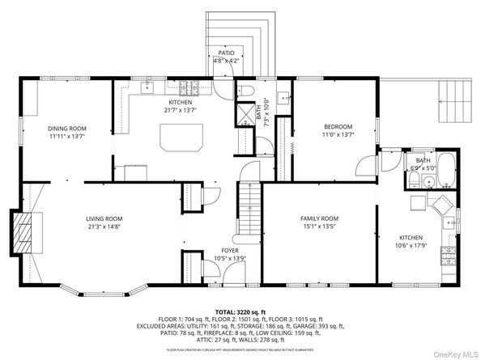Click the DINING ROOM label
tap(66, 129)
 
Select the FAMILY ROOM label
tap(319, 219)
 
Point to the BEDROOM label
tap(338, 127)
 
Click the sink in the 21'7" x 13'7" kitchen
tap(147, 87)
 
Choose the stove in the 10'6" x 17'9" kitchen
tap(447, 256)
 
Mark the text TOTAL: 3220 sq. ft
tap(240, 311)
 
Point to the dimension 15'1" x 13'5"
tap(319, 227)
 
